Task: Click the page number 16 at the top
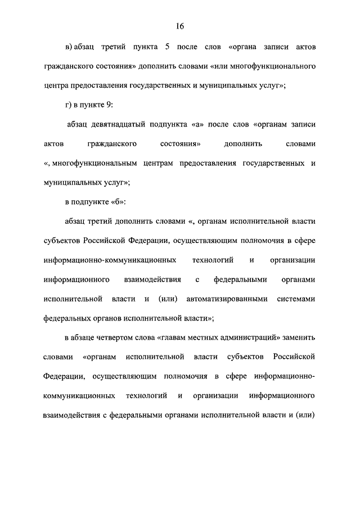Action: coord(179,26)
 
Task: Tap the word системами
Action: coord(296,299)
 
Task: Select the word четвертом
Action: coord(116,338)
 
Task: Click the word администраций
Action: coord(250,338)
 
